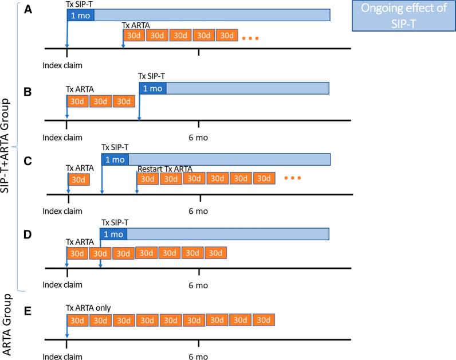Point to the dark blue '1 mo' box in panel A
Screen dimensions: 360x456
pyautogui.click(x=80, y=15)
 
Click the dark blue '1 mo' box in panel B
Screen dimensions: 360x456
pyautogui.click(x=152, y=88)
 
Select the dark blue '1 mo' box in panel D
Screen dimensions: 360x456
pyautogui.click(x=113, y=234)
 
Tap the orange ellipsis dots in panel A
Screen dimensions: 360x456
pyautogui.click(x=250, y=39)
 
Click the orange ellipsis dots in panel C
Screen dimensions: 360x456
pyautogui.click(x=292, y=178)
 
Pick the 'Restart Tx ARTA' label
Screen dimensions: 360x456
pyautogui.click(x=164, y=169)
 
